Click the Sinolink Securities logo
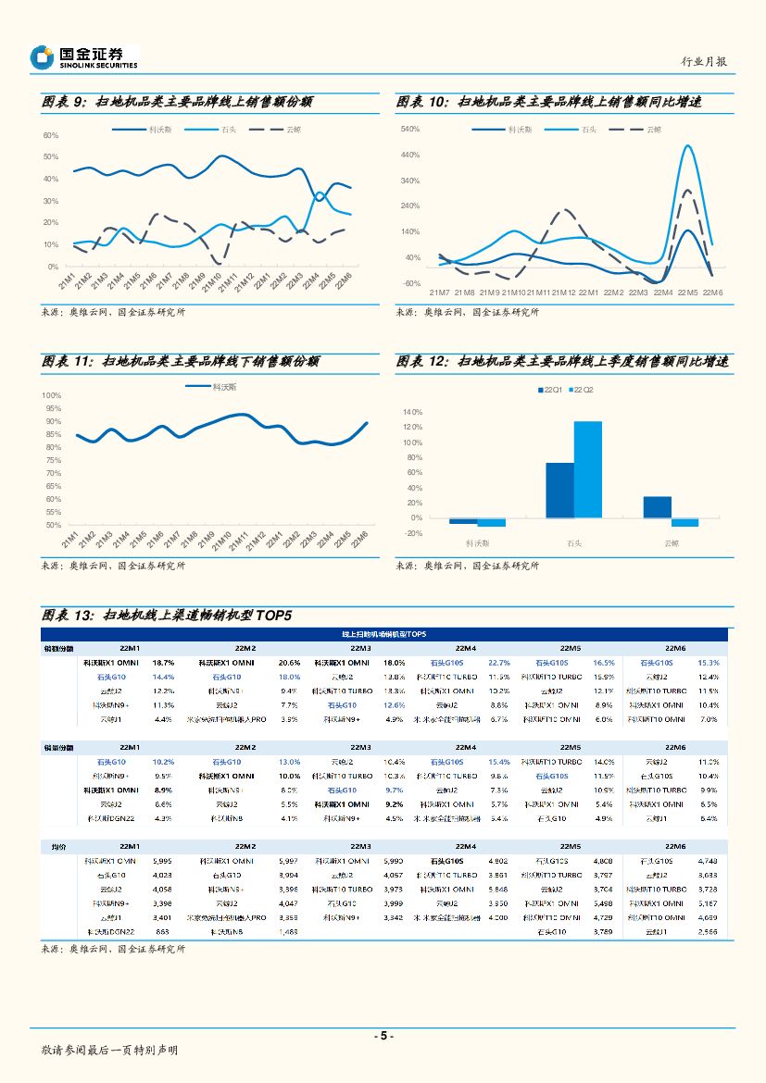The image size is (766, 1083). (83, 57)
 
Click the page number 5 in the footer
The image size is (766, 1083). (383, 1036)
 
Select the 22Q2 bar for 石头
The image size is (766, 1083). (587, 469)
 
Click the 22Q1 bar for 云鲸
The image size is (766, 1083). (657, 507)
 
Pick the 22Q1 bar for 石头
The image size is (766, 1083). (559, 490)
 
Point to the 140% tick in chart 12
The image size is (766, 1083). (413, 411)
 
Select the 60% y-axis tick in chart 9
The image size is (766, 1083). (51, 135)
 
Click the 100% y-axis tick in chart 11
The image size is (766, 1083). (52, 395)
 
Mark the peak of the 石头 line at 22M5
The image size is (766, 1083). (686, 145)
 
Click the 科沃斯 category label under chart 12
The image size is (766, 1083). (478, 543)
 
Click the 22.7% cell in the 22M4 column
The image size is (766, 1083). (499, 663)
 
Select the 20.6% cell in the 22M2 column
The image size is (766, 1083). (289, 663)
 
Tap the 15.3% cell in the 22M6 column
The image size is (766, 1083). (709, 663)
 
